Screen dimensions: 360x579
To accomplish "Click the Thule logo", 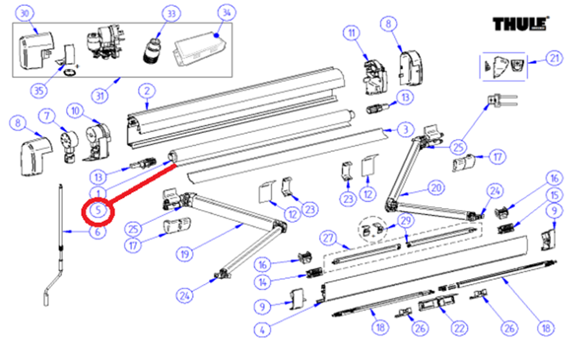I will point(522,24).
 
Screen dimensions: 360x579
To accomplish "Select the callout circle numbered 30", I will point(24,14).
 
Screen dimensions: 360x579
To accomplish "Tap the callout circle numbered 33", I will point(171,14).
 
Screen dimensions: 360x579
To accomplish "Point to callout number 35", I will point(39,91).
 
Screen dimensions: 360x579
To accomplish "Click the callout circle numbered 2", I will point(146,91).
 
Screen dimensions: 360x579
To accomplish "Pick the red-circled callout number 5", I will point(99,209).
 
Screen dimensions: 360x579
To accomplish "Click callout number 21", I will point(554,59).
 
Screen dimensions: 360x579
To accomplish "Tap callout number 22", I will point(459,328).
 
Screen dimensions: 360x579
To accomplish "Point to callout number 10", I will point(76,110).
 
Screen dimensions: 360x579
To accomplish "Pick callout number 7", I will point(48,116).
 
